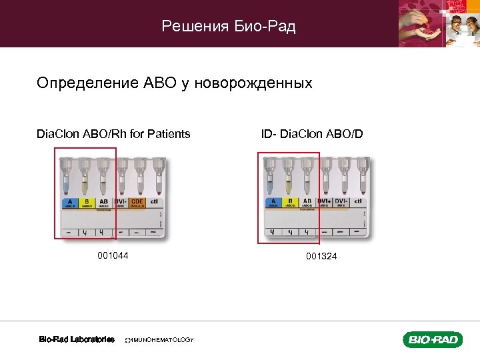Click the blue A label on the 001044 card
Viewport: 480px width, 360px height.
pos(69,203)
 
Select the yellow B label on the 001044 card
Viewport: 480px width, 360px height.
pos(86,203)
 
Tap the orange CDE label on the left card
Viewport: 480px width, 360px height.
pos(138,203)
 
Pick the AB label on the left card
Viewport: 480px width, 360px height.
pos(103,203)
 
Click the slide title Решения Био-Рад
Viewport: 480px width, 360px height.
pos(229,27)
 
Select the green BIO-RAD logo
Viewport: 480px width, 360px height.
pos(432,340)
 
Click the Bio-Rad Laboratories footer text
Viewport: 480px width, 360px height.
pos(77,340)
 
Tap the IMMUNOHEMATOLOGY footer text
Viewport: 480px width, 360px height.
pos(160,340)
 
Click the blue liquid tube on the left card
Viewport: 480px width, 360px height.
pos(67,180)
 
